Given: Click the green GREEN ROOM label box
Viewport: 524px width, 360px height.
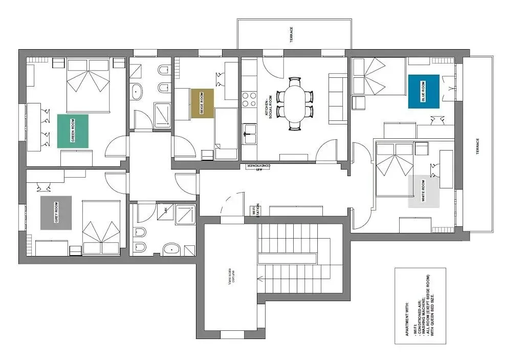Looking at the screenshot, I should tap(73, 131).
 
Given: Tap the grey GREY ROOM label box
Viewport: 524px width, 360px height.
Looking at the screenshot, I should tap(56, 213).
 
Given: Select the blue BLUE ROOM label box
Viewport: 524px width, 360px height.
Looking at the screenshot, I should tap(424, 91).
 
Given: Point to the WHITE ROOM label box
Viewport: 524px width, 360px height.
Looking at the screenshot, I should tap(424, 192).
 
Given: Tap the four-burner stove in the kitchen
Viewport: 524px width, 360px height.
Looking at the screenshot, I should tap(249, 99).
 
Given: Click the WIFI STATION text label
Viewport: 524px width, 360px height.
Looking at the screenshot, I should tap(253, 210).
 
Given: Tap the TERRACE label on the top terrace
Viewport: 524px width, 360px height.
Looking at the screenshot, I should tap(292, 35).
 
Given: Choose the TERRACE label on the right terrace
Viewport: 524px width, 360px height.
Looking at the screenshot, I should tap(477, 149).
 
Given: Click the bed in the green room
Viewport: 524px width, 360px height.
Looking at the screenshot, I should tap(88, 85).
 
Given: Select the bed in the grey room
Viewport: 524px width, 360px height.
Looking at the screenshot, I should tap(101, 227).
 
